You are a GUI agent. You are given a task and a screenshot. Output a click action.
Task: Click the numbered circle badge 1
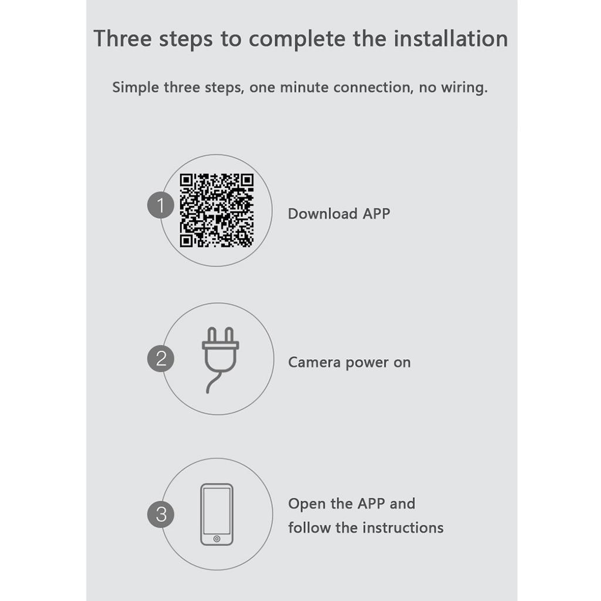click(x=161, y=205)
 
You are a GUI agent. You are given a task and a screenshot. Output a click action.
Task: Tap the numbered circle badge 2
click(x=161, y=359)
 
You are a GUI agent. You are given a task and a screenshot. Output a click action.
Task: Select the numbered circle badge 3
click(x=161, y=514)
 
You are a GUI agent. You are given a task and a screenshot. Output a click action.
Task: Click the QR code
click(x=217, y=211)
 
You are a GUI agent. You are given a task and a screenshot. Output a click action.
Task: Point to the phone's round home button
click(x=217, y=539)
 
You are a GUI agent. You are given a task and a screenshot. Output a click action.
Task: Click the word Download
click(x=322, y=214)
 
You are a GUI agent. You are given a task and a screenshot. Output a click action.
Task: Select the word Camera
click(x=314, y=362)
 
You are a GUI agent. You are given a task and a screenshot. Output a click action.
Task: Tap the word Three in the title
click(x=123, y=38)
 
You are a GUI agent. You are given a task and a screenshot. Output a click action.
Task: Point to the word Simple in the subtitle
click(x=136, y=88)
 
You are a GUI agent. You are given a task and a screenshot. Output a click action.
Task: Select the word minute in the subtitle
click(x=305, y=87)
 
